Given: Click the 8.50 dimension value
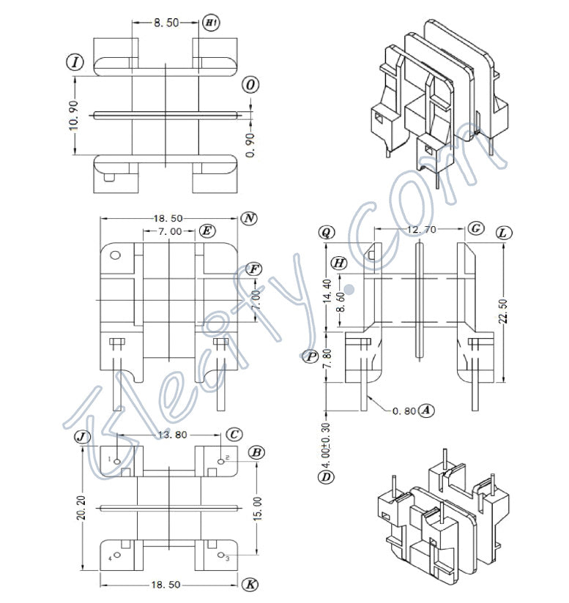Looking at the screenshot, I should (166, 23).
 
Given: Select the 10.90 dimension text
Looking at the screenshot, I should (74, 114).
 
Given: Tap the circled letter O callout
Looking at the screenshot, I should (250, 85).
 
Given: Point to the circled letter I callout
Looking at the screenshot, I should (75, 62).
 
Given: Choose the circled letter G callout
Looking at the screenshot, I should (476, 229).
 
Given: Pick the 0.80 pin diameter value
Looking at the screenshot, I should (403, 411).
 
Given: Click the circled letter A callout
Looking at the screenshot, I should (427, 411).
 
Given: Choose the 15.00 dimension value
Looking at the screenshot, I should (256, 506).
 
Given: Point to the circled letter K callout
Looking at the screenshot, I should (250, 585).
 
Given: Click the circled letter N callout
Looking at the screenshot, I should (249, 219).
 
